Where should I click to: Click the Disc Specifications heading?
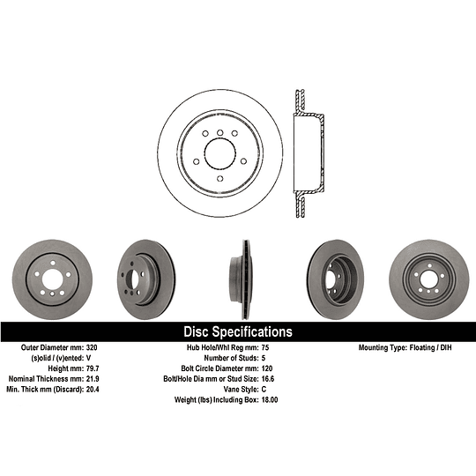[237, 332]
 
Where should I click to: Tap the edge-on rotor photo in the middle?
[238, 276]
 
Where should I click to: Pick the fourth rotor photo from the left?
[332, 276]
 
